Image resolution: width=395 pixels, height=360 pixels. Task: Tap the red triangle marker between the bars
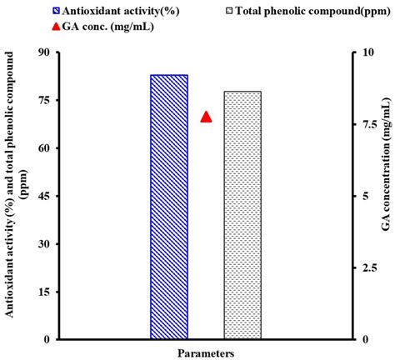pyautogui.click(x=206, y=117)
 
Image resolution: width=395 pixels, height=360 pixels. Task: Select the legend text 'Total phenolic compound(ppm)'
pyautogui.click(x=311, y=11)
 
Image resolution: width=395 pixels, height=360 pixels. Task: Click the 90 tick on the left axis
pyautogui.click(x=44, y=52)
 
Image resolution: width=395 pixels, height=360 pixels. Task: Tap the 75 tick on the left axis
pyautogui.click(x=44, y=100)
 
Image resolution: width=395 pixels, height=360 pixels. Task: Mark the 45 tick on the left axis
pyautogui.click(x=44, y=196)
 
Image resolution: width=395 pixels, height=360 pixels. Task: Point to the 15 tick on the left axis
pyautogui.click(x=44, y=292)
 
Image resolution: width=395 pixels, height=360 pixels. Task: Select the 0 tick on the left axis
pyautogui.click(x=47, y=339)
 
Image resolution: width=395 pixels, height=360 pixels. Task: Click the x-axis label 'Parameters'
pyautogui.click(x=205, y=352)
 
